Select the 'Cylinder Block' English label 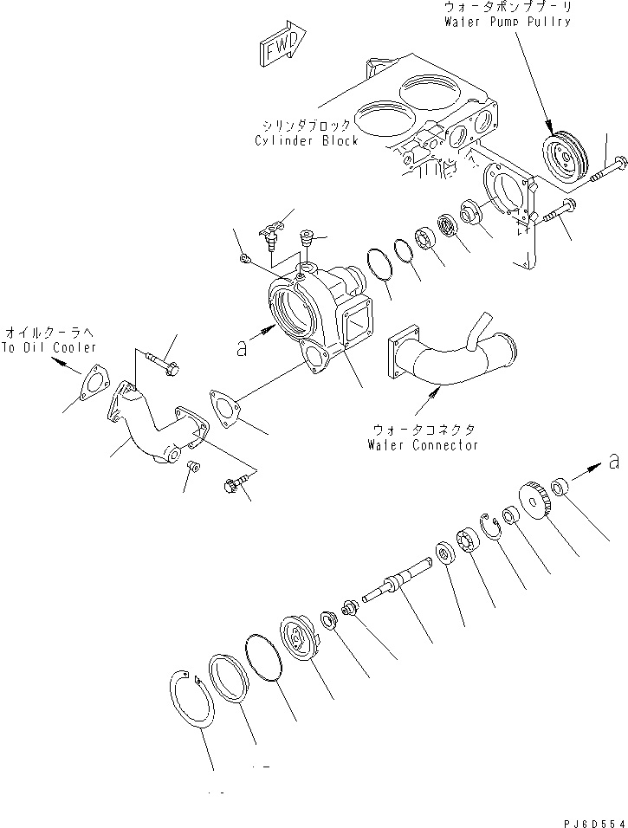point(307,140)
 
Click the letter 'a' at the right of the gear point(612,462)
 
